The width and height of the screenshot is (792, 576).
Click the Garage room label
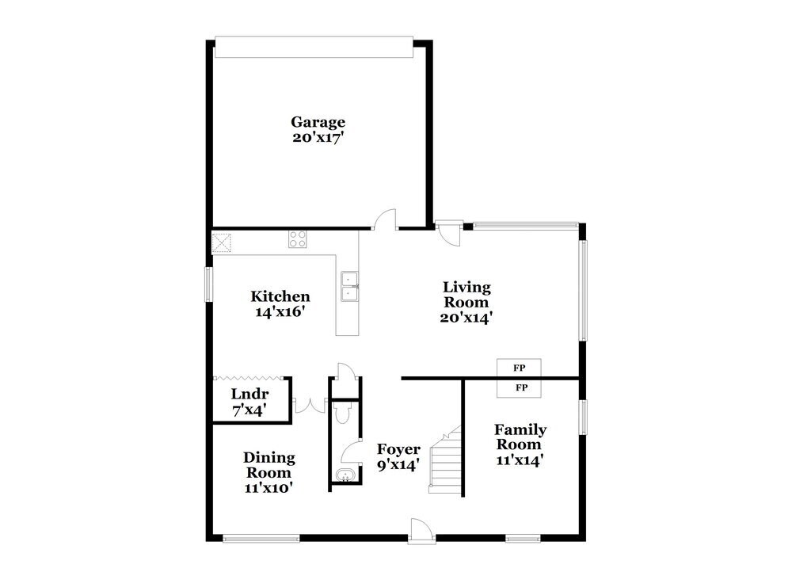[318, 122]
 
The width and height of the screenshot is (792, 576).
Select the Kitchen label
[280, 296]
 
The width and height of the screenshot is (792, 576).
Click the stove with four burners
[298, 238]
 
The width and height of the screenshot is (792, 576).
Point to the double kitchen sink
[349, 286]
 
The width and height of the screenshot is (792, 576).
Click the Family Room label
[520, 437]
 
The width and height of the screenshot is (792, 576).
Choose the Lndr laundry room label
[249, 395]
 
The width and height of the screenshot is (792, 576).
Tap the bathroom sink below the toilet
[343, 475]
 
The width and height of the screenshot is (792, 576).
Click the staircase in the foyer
[445, 460]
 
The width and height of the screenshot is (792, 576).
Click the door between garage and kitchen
[386, 219]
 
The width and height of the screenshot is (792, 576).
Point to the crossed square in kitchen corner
[221, 242]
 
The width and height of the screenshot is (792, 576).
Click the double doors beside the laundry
[309, 406]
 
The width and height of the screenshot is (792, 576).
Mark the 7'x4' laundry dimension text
[248, 410]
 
